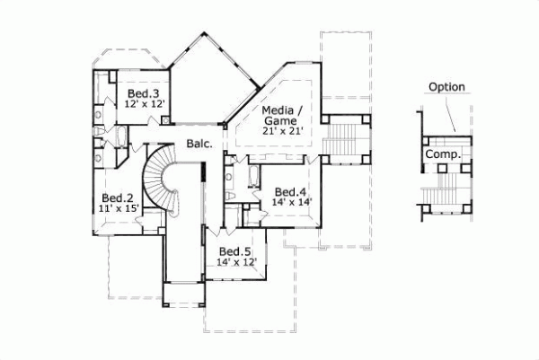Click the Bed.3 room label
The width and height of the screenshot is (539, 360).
[x=143, y=93]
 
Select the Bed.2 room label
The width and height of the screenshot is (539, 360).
[x=117, y=198]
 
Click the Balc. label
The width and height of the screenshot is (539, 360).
[x=199, y=144]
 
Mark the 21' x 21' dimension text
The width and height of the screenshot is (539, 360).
[x=283, y=132]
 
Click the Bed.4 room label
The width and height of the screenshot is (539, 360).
[x=291, y=191]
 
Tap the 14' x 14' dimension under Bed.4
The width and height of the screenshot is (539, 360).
[x=291, y=203]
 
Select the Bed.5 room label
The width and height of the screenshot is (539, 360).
[x=235, y=251]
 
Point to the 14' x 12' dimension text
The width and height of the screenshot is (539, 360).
[x=236, y=262]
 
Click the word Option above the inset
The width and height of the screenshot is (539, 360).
[x=446, y=86]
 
